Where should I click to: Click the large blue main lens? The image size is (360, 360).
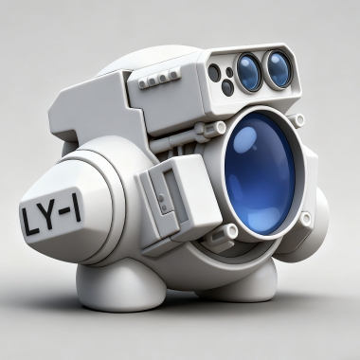point(260,173)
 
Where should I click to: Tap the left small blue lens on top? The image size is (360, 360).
point(249,72)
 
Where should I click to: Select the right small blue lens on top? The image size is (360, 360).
point(278,69)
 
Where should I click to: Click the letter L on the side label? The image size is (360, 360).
point(29,220)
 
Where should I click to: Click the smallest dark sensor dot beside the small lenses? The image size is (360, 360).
point(229,72)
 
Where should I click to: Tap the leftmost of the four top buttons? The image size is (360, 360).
point(142,84)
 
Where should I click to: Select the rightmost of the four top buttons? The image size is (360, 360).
point(172,75)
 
